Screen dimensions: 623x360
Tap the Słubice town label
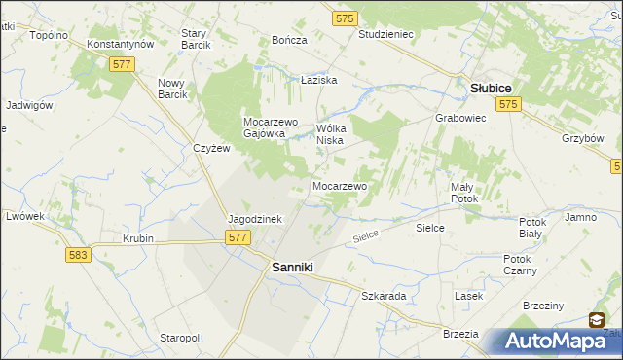point(492,88)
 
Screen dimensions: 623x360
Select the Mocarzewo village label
point(339,185)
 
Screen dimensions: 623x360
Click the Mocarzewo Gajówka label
point(263,127)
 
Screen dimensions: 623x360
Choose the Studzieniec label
point(386,34)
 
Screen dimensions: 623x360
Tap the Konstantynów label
point(121,45)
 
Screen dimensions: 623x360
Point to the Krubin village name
point(138,238)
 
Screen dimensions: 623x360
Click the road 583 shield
point(80,254)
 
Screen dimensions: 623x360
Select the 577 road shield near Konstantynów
point(122,63)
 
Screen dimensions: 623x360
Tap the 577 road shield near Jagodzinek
point(237,237)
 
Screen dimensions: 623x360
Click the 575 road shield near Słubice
point(505,102)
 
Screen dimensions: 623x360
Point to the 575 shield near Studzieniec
point(344,18)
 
